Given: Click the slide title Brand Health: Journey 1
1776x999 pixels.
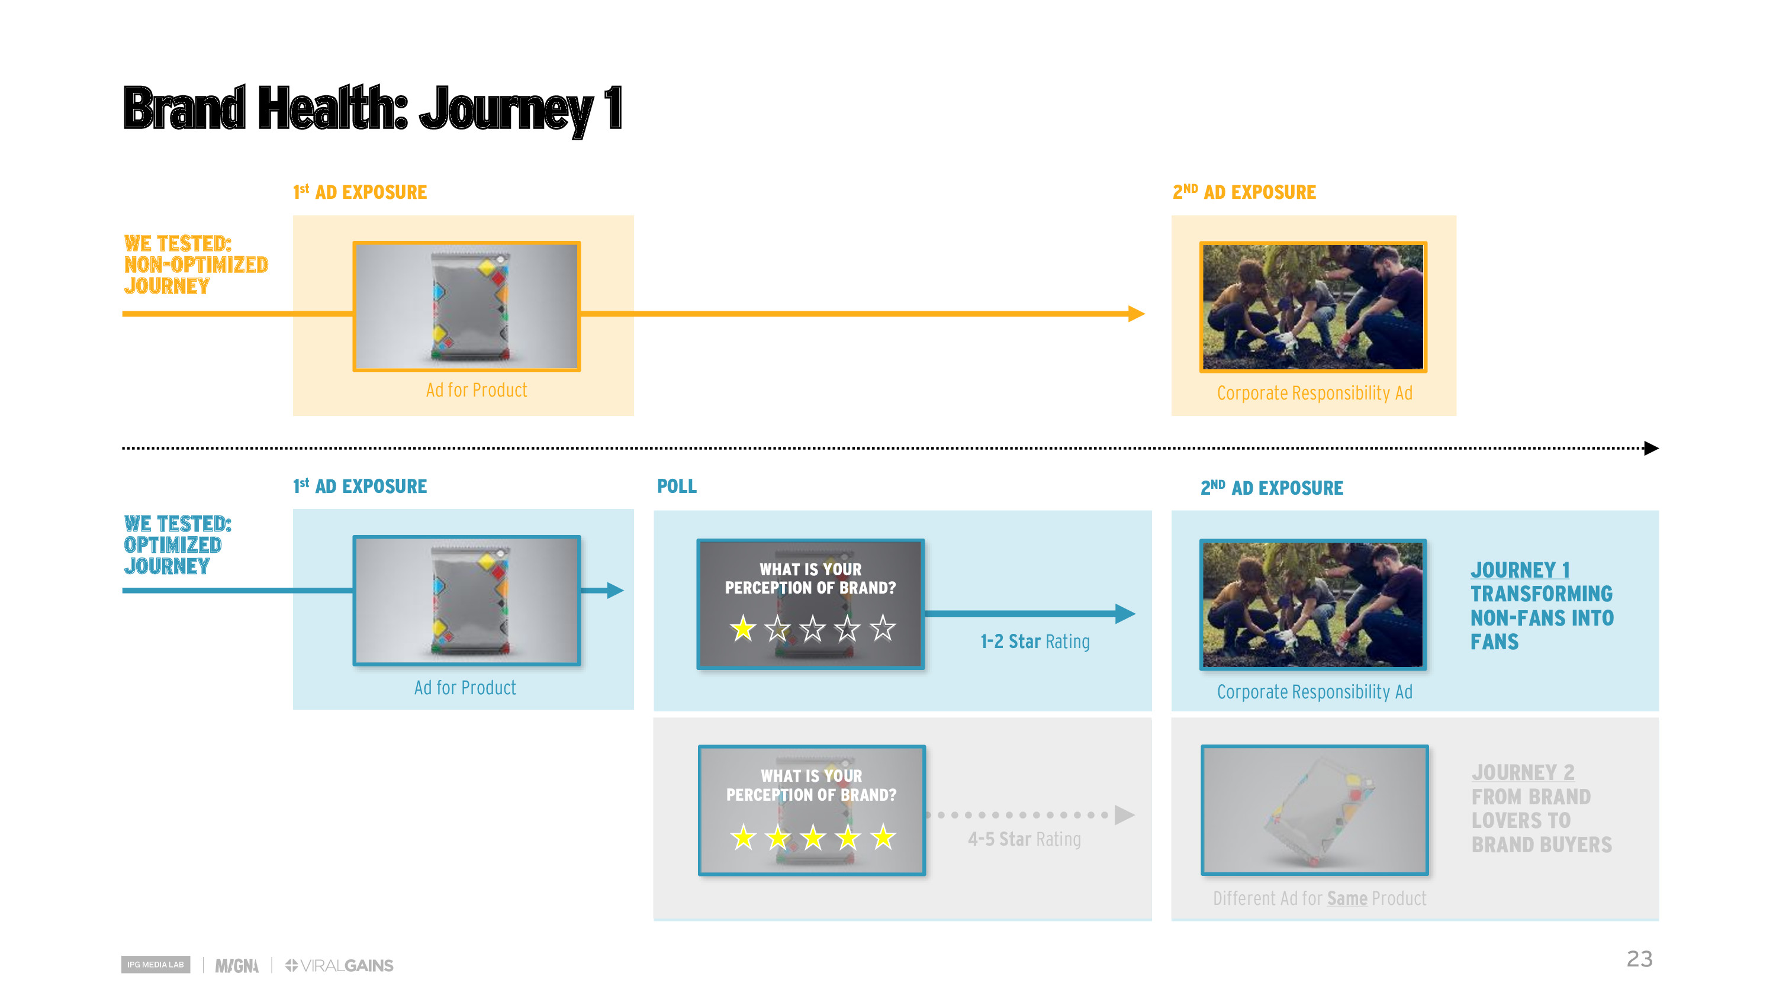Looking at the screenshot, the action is [372, 108].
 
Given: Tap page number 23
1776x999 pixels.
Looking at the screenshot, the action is [1639, 958].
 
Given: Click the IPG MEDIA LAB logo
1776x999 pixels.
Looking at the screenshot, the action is [155, 964].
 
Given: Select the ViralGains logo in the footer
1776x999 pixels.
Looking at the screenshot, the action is [339, 965].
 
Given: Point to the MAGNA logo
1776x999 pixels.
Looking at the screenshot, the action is [236, 965].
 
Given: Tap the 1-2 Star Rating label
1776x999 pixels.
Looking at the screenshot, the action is [1035, 641].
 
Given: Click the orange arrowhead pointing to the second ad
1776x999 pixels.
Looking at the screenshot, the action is [1136, 314].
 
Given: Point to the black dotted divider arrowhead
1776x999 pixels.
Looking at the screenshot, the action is [1650, 448].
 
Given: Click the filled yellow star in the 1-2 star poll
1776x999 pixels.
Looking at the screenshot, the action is [742, 628].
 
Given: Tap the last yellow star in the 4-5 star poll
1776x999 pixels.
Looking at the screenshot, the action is [883, 837].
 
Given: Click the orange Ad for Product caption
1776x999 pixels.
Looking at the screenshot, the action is [477, 390].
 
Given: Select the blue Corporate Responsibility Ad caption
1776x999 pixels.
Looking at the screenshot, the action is [1314, 691].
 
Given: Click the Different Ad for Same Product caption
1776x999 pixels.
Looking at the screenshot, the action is [1319, 898].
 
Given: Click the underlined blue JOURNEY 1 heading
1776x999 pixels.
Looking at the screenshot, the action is [1520, 570].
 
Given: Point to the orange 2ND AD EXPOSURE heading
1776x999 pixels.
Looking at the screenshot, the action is [1244, 192].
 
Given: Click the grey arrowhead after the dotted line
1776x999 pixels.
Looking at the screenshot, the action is [1124, 815].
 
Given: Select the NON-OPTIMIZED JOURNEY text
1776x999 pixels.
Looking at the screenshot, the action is [196, 275].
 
